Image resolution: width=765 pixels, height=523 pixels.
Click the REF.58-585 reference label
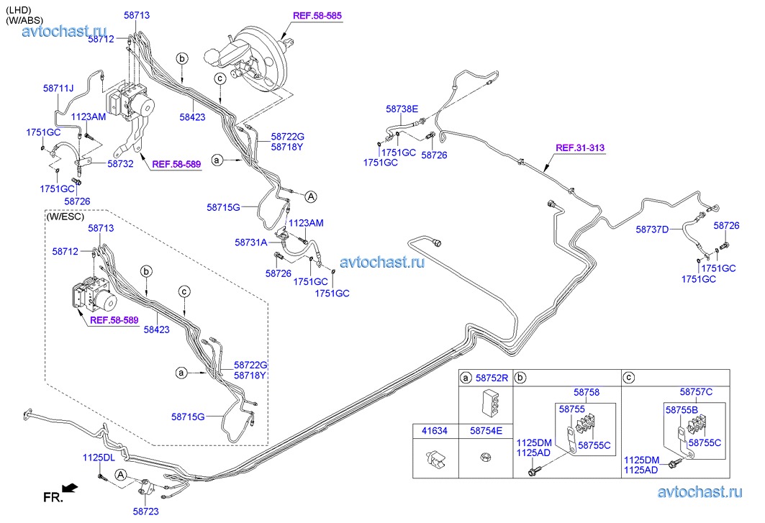pos(317,16)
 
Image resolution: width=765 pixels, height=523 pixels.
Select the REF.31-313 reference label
pos(580,147)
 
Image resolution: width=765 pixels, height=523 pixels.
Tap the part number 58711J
pos(58,88)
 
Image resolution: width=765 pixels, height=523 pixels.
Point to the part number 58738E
pos(402,109)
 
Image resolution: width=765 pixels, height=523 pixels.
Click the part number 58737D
pos(652,229)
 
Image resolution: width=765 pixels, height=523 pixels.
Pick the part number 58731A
pos(250,242)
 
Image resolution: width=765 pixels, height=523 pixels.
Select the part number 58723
pos(146,511)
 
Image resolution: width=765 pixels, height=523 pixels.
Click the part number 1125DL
pos(99,458)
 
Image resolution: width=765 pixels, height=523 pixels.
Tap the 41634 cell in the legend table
pos(435,431)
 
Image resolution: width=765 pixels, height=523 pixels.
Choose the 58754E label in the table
pos(486,431)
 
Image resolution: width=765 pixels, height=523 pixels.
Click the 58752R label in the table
pos(492,378)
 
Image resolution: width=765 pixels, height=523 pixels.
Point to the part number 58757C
pos(696,392)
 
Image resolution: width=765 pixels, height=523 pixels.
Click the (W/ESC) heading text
pos(65,216)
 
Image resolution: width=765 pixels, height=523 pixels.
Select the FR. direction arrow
pos(71,487)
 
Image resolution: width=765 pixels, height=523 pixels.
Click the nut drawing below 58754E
pos(486,458)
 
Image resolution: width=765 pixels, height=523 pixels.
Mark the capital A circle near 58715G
pos(311,196)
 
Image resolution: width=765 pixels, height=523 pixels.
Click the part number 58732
pos(120,164)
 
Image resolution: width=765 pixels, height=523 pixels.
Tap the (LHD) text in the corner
pos(19,10)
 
